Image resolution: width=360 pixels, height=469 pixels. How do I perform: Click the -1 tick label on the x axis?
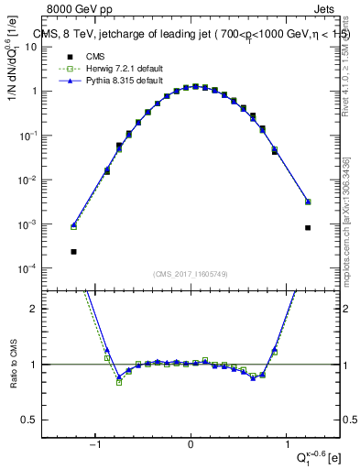coord(95,446)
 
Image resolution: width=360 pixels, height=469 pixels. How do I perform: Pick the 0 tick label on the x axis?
coord(191,446)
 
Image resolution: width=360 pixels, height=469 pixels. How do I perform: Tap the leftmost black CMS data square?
coord(73,252)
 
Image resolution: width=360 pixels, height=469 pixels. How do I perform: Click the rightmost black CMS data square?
coord(308,228)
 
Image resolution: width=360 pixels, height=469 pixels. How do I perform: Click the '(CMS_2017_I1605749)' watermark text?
coord(191,273)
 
